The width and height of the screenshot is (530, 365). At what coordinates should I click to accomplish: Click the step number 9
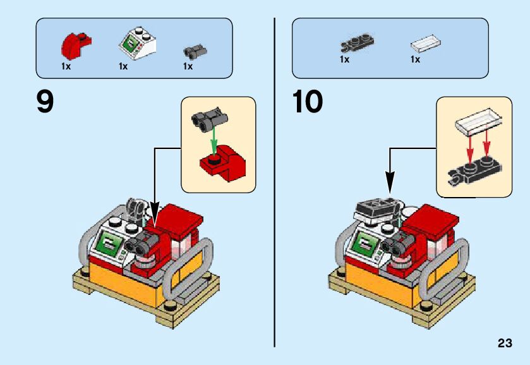[45, 102]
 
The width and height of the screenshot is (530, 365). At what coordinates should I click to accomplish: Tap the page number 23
[504, 344]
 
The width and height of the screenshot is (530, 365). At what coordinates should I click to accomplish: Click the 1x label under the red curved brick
[66, 66]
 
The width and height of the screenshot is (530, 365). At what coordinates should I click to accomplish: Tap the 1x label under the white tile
[415, 60]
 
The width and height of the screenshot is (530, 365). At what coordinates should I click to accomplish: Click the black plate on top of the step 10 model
[376, 206]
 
